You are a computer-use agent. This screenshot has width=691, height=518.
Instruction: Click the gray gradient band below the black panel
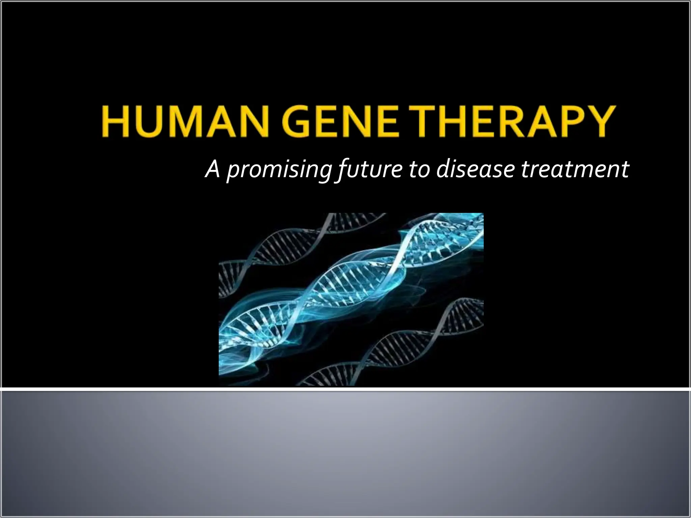345,452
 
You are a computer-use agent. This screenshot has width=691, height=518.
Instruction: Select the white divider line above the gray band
345,390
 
